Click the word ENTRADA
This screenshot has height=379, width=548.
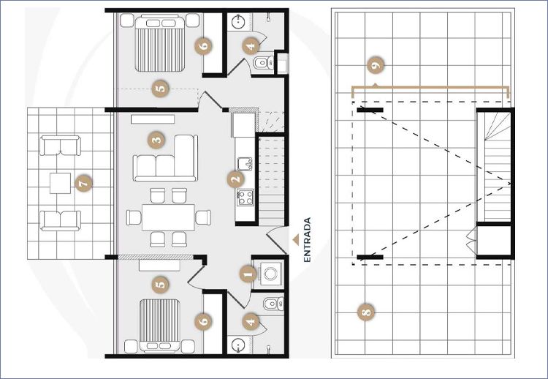pos(307,240)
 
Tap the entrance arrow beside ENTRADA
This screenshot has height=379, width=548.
pos(296,240)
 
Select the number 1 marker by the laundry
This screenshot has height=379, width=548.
pos(248,274)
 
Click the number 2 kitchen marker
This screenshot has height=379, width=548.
pos(236,180)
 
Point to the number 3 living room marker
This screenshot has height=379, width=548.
pos(156,140)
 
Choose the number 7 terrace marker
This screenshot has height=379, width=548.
pos(83,183)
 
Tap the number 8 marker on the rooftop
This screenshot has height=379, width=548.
pos(366,312)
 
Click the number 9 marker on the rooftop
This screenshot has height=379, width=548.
pos(376,65)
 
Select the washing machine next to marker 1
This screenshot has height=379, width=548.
pos(270,274)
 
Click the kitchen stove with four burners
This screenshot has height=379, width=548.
pos(245,197)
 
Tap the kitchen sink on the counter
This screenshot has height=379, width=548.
pos(244,164)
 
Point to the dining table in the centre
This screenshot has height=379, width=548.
pos(168,217)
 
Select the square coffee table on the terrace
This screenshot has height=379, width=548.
pos(60,183)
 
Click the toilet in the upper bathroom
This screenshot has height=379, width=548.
pos(264,63)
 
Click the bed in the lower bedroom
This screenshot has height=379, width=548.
pos(160,326)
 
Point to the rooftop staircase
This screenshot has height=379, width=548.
pos(494,165)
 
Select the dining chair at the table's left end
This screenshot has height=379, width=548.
pos(134,217)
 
